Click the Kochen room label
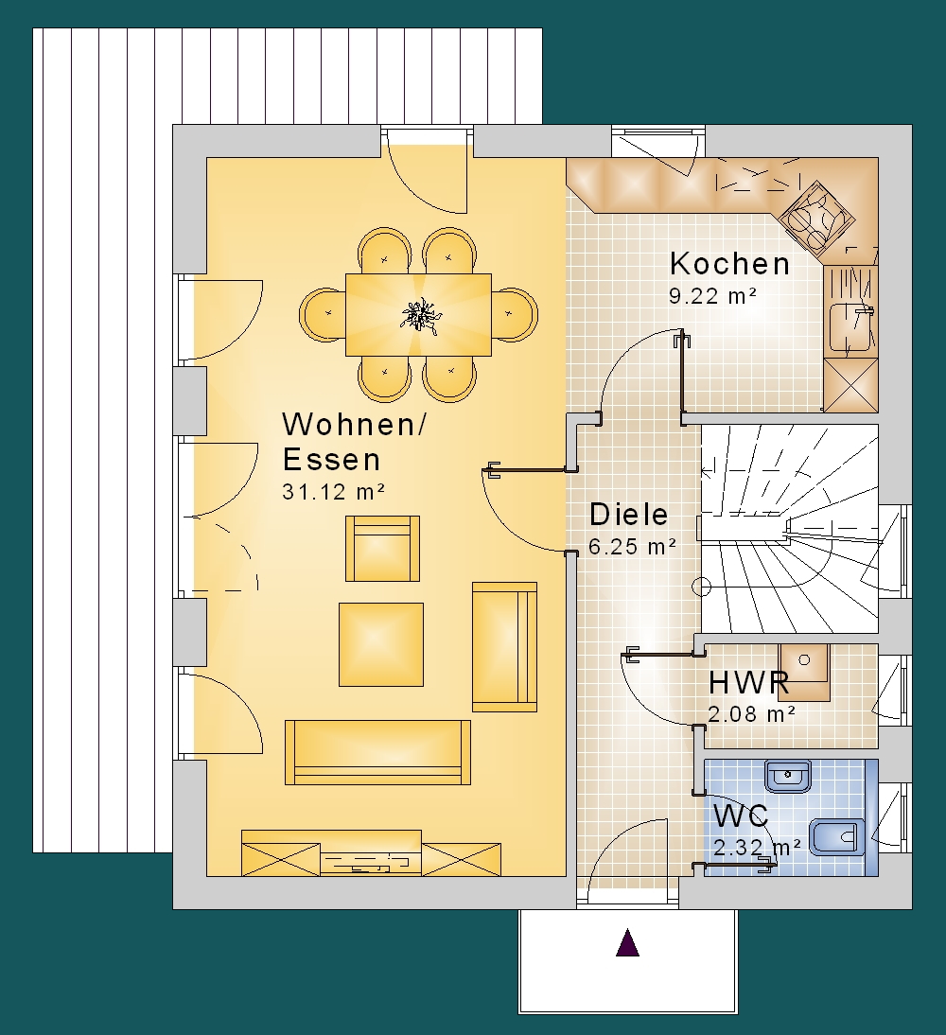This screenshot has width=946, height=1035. (729, 263)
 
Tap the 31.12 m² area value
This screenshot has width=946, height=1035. (333, 492)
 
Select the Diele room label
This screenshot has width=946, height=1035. (628, 515)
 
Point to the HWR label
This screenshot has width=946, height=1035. (748, 682)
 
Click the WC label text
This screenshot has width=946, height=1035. (742, 816)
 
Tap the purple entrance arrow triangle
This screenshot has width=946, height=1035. (627, 942)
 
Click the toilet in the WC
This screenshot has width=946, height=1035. (835, 837)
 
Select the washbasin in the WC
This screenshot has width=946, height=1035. (788, 776)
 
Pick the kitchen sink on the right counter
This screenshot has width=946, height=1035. (851, 327)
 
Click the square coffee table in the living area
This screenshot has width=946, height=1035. (381, 644)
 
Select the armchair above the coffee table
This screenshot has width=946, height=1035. (382, 549)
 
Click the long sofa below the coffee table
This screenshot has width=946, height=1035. (377, 752)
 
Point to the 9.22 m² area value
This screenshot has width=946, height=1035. (712, 296)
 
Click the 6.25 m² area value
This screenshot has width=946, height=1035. (633, 547)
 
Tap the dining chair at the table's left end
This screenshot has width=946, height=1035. (323, 313)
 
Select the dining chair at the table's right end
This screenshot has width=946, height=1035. (515, 313)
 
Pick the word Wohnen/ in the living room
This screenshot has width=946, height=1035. (355, 424)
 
